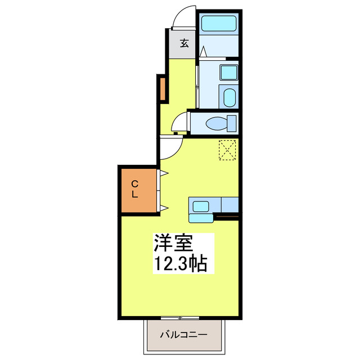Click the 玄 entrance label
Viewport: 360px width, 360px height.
(x=184, y=43)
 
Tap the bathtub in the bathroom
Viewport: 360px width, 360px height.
(x=218, y=24)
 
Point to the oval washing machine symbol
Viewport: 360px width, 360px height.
(x=229, y=97)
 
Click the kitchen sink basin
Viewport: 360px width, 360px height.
(x=201, y=205)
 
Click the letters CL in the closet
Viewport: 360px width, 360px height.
(x=135, y=189)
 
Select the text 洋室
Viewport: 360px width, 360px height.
(x=174, y=244)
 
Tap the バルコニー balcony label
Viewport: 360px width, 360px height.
(x=183, y=334)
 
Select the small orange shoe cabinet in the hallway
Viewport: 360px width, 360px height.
(x=161, y=89)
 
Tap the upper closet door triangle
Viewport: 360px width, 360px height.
(x=164, y=173)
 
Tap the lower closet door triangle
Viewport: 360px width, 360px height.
(x=164, y=209)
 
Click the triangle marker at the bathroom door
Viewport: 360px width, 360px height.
(x=203, y=51)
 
